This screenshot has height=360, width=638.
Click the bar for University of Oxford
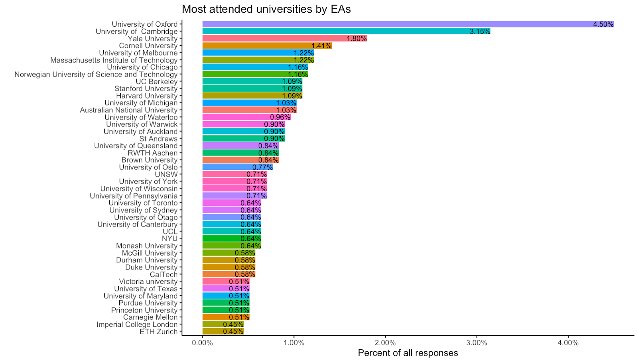(399, 24)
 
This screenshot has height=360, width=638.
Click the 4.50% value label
(603, 24)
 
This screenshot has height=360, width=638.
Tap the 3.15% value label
(480, 31)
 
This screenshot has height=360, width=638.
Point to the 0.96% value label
(280, 117)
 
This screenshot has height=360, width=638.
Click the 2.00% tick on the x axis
(385, 343)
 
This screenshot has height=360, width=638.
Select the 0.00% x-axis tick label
(203, 343)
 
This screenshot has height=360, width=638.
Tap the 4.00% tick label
(568, 343)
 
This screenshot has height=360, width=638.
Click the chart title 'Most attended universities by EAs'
(266, 9)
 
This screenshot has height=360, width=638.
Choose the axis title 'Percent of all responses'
(408, 353)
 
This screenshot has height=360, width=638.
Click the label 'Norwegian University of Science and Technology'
(96, 75)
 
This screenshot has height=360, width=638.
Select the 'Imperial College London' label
(137, 325)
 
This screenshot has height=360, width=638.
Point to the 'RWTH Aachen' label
(152, 153)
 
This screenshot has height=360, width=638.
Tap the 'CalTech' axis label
(163, 274)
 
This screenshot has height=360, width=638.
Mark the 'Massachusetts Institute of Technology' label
(114, 60)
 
